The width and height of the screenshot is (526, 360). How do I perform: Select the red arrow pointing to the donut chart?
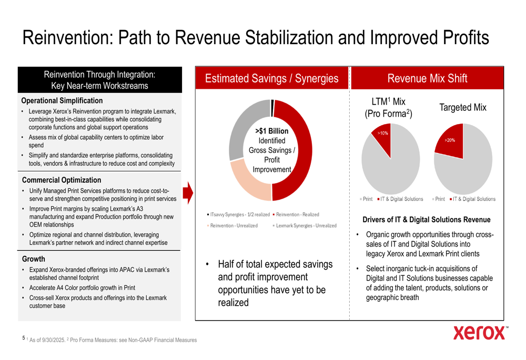click(x=188, y=193)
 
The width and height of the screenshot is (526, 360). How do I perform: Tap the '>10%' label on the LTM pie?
click(x=383, y=133)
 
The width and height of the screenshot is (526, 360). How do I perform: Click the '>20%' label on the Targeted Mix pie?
click(x=450, y=140)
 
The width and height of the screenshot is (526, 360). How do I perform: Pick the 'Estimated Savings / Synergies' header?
click(x=271, y=79)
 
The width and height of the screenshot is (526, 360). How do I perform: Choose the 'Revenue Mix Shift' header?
click(x=427, y=79)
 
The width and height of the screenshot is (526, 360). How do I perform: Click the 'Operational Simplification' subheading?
click(x=62, y=100)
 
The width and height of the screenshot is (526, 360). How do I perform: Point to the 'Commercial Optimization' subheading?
click(x=61, y=180)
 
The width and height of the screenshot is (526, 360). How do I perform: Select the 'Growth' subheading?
click(x=33, y=259)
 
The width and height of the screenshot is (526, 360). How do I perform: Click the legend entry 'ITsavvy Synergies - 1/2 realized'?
click(x=239, y=214)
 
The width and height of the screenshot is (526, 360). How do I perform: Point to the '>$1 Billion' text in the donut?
click(x=271, y=131)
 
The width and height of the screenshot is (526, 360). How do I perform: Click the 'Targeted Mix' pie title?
click(x=462, y=107)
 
